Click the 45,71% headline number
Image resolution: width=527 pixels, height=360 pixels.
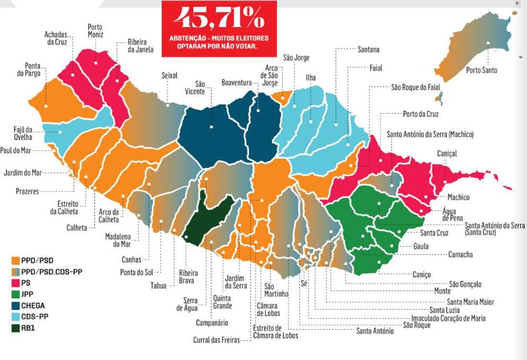tap(219, 18)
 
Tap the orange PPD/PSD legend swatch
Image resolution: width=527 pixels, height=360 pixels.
tap(15, 261)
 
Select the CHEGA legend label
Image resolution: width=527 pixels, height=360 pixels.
tap(33, 305)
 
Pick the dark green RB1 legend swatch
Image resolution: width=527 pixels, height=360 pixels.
tap(15, 328)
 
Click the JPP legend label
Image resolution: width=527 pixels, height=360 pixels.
tap(27, 294)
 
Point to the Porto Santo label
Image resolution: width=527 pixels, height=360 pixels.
tap(481, 70)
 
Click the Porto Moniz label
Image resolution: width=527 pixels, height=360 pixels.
tap(95, 31)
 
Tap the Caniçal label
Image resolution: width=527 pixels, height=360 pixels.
tap(446, 154)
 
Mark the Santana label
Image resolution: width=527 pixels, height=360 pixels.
tap(369, 49)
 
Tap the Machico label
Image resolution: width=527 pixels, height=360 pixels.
tap(458, 197)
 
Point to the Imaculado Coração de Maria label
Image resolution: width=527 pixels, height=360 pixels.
tap(448, 318)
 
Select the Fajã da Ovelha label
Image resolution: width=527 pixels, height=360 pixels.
tap(23, 133)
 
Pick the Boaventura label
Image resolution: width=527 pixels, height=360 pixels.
tap(236, 83)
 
